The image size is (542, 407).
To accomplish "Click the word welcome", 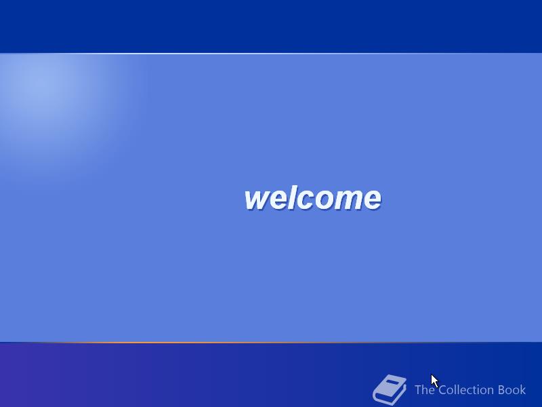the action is point(313,198).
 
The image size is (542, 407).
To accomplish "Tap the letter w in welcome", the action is point(257,200).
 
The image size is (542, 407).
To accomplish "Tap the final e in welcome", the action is point(371,200).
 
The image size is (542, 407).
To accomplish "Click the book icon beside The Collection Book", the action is point(390,389).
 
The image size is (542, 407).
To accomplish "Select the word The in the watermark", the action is point(425,389).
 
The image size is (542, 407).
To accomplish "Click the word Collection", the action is point(466,389).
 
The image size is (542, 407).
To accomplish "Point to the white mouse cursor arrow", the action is point(434,381).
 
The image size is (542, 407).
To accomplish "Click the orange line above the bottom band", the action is point(271,343).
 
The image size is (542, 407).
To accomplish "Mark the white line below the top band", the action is point(271,54).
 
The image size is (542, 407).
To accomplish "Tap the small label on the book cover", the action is point(392,382).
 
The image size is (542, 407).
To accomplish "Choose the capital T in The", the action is point(418,389).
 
